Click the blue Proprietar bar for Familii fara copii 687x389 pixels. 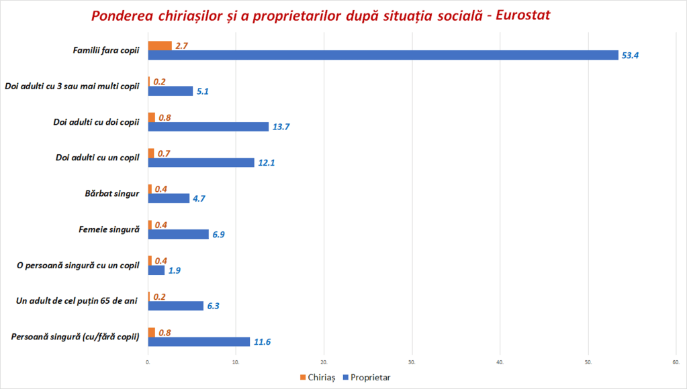pos(383,55)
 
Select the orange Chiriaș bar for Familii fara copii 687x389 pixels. pos(160,46)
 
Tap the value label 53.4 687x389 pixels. pos(630,56)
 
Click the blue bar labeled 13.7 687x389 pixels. pos(208,127)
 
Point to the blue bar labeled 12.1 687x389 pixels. pos(201,162)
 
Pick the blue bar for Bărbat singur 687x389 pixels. pos(169,199)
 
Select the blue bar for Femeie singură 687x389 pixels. pos(179,234)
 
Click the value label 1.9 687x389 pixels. pos(175,271)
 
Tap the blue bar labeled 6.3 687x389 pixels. pos(176,306)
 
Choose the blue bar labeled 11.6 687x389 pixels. pos(199,341)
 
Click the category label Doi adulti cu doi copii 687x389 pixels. pos(96,122)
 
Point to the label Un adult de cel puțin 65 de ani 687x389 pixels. pos(77,300)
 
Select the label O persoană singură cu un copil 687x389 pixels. pos(77,265)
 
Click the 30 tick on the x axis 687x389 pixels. pos(412,363)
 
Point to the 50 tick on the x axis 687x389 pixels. pos(588,363)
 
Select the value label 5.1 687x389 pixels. pos(203,91)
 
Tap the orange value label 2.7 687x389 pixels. pos(181,46)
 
